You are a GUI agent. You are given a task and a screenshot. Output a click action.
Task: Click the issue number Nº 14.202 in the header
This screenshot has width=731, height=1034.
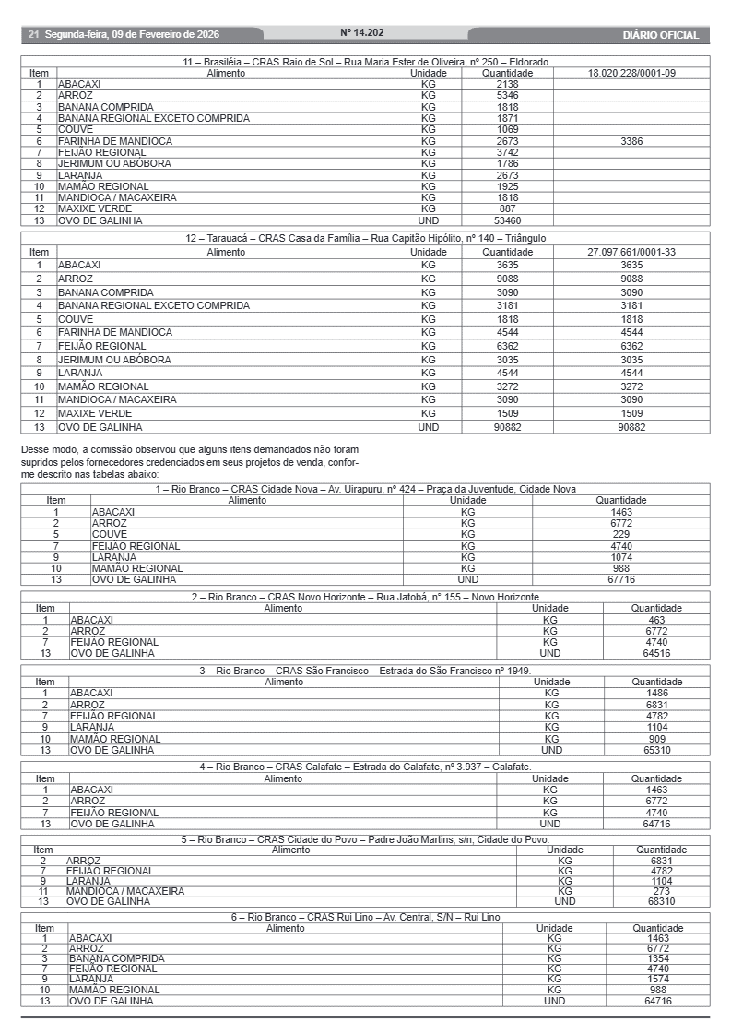point(361,32)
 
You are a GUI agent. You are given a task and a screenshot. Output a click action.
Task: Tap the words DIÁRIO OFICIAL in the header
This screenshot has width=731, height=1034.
point(660,35)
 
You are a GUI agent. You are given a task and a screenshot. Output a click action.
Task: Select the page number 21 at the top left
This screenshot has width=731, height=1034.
point(33,35)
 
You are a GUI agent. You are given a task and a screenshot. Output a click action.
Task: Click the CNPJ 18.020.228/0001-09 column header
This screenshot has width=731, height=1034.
point(631,73)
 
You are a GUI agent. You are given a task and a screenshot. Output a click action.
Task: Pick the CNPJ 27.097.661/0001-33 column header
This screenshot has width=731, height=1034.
point(631,252)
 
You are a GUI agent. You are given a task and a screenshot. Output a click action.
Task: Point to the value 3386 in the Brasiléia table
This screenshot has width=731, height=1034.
point(631,141)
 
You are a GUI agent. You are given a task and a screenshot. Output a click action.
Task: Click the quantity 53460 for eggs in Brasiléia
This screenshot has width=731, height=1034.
point(507,220)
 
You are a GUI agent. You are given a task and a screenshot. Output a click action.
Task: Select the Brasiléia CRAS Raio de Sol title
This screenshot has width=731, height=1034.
point(365,62)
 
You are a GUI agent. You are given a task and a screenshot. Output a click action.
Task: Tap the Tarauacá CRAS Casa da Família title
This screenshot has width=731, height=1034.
point(365,238)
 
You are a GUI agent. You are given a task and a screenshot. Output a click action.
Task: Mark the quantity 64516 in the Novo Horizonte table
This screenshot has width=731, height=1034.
point(656,653)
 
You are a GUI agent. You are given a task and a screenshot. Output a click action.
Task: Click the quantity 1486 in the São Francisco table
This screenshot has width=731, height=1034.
point(656,693)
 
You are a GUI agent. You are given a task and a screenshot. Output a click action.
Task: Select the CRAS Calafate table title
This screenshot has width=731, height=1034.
point(365,767)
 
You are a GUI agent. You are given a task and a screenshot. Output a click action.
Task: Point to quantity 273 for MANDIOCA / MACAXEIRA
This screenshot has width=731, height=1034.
point(662,891)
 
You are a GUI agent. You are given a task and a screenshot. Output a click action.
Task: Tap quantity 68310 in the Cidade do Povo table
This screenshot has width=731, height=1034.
point(662,901)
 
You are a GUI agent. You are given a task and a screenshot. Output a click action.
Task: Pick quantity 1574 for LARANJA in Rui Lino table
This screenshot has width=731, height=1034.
point(658,979)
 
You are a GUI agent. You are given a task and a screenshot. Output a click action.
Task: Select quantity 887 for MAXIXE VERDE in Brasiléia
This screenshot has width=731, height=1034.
point(507,208)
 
